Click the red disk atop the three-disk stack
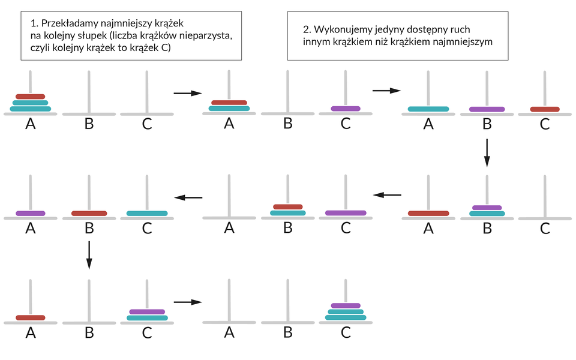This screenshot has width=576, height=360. tap(31, 96)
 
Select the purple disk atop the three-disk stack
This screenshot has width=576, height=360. tap(346, 305)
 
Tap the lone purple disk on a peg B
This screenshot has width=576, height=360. tap(487, 109)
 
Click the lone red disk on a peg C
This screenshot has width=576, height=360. tap(545, 109)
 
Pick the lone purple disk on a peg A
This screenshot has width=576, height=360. tap(31, 213)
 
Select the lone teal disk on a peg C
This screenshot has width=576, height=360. tap(148, 213)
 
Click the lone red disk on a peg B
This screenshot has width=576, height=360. tap(89, 213)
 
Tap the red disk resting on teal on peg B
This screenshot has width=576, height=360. tap(287, 207)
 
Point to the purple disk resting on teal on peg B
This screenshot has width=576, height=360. tap(487, 208)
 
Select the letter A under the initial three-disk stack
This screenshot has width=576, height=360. tap(31, 124)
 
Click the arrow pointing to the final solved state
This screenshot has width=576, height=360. tap(188, 302)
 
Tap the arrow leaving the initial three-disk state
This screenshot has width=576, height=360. tap(188, 93)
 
